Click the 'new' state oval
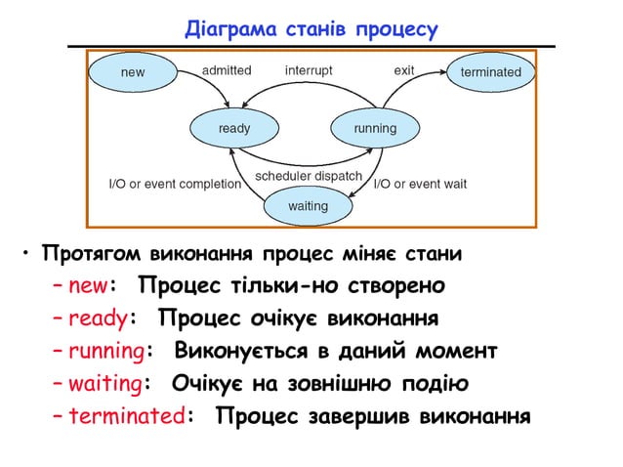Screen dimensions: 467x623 pyautogui.click(x=132, y=71)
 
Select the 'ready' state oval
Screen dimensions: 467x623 pyautogui.click(x=233, y=128)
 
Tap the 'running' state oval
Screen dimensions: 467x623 pyautogui.click(x=375, y=128)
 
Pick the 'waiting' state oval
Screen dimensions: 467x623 pyautogui.click(x=308, y=207)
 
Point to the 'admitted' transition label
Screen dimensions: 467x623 pyautogui.click(x=226, y=70)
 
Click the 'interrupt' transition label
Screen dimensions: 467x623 pyautogui.click(x=309, y=70)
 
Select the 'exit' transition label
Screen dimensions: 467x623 pyautogui.click(x=403, y=70)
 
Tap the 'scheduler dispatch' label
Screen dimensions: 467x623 pyautogui.click(x=309, y=176)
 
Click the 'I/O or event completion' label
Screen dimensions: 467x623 pyautogui.click(x=173, y=184)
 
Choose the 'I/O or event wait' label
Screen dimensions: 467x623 pyautogui.click(x=421, y=184)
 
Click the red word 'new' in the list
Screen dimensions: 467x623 pyautogui.click(x=92, y=287)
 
